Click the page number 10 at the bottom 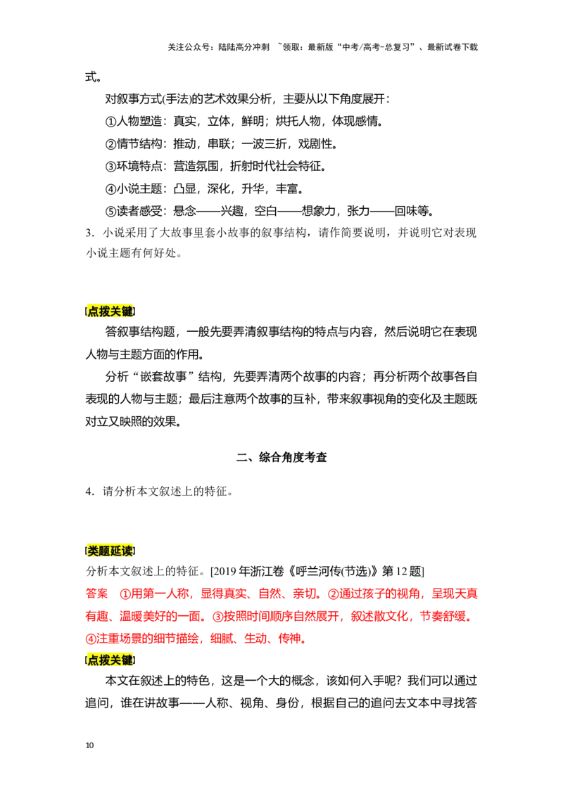[89, 745]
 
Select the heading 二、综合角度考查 [281, 457]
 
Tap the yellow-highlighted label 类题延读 [110, 551]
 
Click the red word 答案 [96, 593]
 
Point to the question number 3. [89, 233]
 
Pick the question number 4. [89, 492]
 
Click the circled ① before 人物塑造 [110, 122]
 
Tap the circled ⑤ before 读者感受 [110, 211]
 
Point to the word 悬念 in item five [184, 211]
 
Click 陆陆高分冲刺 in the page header [244, 47]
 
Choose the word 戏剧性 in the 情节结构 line [315, 143]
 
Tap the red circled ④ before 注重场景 [91, 638]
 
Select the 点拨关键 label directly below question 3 [110, 312]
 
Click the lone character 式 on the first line [91, 77]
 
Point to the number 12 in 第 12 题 [402, 572]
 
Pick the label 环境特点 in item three [139, 166]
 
